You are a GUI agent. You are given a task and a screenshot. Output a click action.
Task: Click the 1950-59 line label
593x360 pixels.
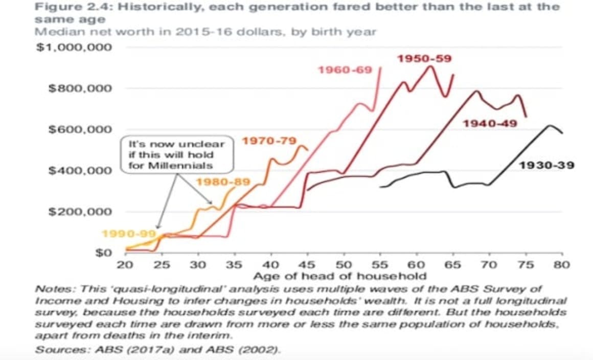(x=424, y=58)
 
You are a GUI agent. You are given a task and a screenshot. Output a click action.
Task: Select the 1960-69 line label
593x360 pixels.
(x=345, y=69)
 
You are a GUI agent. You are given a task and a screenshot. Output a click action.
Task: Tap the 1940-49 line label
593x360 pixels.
(x=490, y=123)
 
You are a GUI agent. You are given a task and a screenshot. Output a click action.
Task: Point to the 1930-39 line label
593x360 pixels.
(x=546, y=165)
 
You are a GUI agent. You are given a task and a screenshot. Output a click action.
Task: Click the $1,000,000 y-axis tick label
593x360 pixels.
(x=74, y=47)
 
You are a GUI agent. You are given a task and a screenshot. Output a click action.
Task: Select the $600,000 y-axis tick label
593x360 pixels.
(x=79, y=129)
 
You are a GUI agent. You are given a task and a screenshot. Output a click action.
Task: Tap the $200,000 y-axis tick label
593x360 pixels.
(x=79, y=212)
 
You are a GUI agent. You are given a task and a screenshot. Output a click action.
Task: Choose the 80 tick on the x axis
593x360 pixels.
(x=562, y=265)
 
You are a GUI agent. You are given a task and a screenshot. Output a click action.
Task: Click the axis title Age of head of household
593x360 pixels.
(x=340, y=276)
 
